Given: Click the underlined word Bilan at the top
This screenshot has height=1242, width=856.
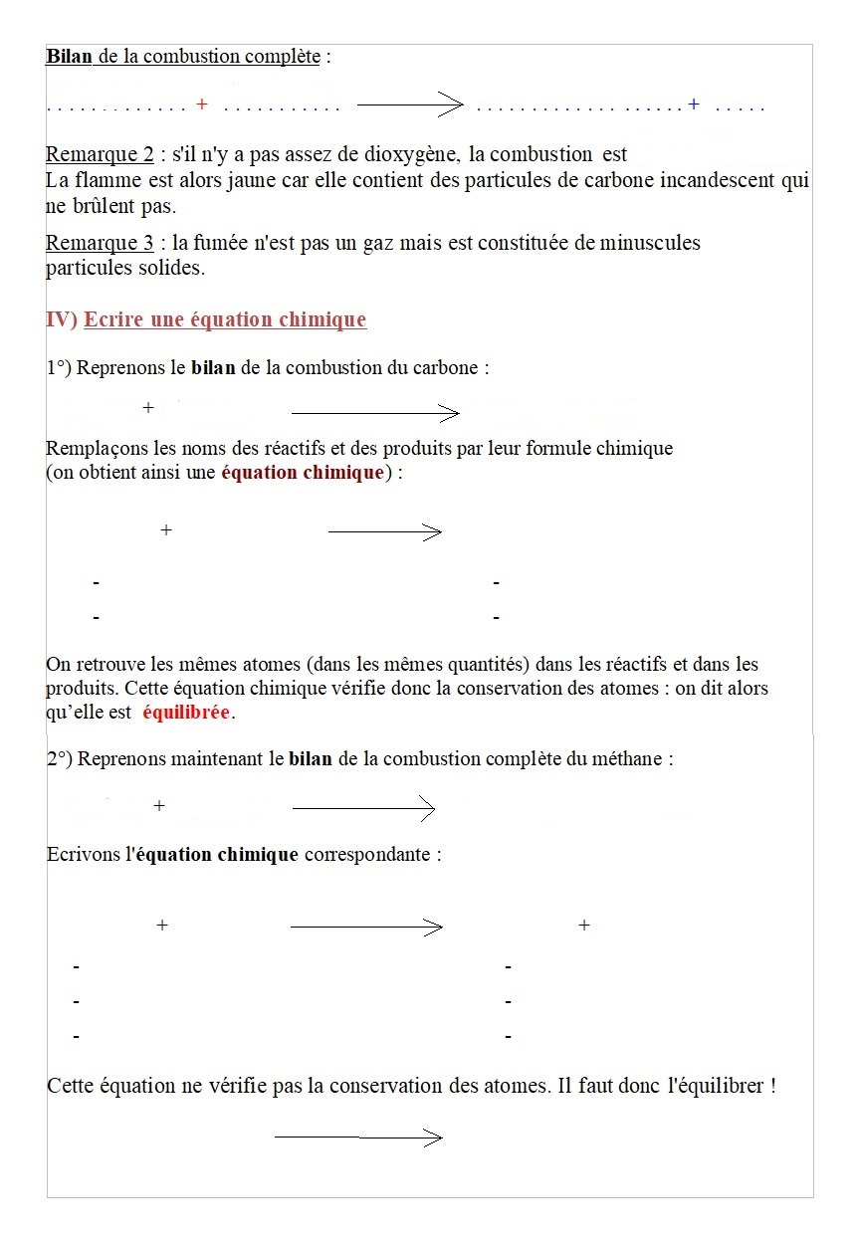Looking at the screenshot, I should [69, 57].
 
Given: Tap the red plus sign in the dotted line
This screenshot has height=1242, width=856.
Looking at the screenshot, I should [202, 104].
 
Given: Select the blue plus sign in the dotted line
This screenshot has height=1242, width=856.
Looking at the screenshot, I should [694, 103].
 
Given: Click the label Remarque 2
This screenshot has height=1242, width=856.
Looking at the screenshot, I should [100, 155].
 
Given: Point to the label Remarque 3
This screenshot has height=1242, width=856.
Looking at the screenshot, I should [100, 244].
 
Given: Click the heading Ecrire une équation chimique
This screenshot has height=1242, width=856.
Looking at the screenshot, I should [225, 320].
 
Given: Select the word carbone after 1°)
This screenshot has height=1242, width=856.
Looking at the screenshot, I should [444, 368].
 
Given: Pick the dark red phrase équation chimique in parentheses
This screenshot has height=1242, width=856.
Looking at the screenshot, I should [302, 473].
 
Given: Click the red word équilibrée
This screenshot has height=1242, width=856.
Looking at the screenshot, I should [186, 713].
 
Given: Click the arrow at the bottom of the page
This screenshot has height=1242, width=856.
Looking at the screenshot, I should [357, 1138].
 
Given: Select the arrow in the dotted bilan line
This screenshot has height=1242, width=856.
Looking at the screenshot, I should [409, 104].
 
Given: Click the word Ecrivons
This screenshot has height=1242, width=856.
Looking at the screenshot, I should [84, 855].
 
